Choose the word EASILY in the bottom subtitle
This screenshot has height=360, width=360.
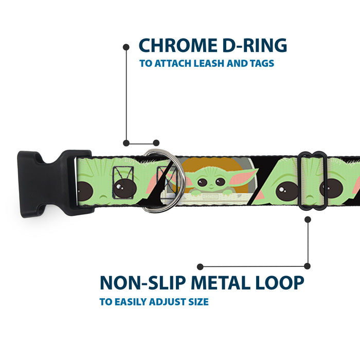coord(129,302)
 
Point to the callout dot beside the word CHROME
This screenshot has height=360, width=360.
coord(126,47)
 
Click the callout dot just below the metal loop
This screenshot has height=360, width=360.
coord(308,220)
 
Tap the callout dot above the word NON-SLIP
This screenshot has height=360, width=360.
coord(201,267)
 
